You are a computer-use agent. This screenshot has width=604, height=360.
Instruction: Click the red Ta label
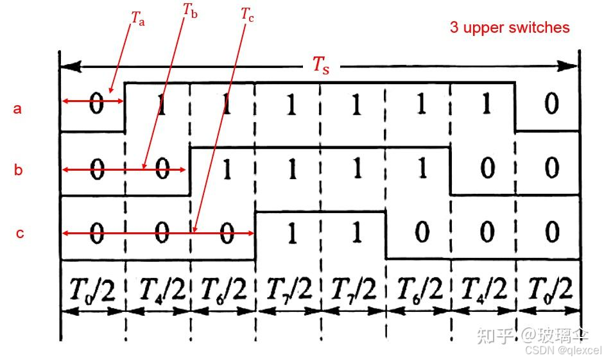click(138, 18)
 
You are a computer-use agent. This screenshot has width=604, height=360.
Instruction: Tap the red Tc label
click(248, 15)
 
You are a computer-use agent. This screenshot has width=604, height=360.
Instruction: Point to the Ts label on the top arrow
click(321, 65)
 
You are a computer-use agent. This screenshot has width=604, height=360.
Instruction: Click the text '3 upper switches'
click(510, 28)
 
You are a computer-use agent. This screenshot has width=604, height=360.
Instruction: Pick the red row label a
click(18, 108)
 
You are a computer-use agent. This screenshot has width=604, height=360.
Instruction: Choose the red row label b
click(19, 170)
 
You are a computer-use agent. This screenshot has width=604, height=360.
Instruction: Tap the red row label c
click(20, 233)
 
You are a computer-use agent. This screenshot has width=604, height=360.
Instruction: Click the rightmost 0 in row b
click(551, 169)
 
